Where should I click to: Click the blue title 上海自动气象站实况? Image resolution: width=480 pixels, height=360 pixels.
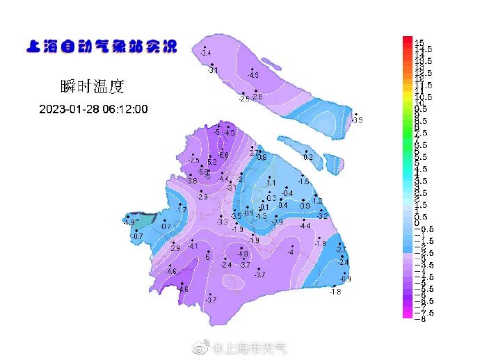[102, 47]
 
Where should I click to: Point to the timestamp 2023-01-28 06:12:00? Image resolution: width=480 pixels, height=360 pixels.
[93, 110]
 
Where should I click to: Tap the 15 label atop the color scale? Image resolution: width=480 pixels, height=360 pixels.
[419, 43]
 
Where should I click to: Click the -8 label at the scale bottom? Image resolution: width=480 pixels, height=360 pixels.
[420, 318]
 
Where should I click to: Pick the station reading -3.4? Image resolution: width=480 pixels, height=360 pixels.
[205, 54]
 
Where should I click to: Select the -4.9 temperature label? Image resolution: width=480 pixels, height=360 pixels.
[254, 75]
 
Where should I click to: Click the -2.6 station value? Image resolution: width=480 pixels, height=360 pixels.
[257, 97]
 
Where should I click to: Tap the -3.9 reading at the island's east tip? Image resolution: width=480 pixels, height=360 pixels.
[358, 120]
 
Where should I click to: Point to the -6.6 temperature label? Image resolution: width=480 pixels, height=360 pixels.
[224, 155]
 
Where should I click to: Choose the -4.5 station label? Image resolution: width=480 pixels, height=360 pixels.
[230, 133]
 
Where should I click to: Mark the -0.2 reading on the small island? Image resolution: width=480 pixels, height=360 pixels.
[307, 158]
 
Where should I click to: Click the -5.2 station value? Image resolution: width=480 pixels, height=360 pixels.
[212, 162]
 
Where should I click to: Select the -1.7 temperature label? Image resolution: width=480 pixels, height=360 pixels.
[182, 210]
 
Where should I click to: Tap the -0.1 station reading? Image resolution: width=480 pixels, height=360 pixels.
[264, 208]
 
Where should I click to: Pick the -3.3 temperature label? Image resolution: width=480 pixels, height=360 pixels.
[223, 222]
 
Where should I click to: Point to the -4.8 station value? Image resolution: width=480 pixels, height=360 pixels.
[243, 254]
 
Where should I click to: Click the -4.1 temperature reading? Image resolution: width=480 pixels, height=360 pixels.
[193, 247]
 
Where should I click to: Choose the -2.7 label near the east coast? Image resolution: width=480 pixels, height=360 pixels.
[341, 249]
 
